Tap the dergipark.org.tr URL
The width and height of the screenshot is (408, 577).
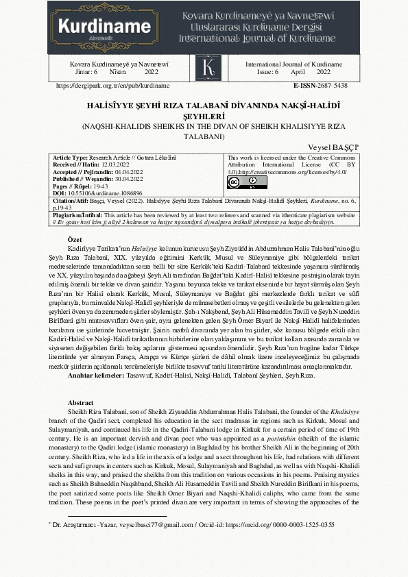[112, 86]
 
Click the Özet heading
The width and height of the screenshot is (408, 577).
[75, 238]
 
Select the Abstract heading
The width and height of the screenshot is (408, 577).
[81, 402]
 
